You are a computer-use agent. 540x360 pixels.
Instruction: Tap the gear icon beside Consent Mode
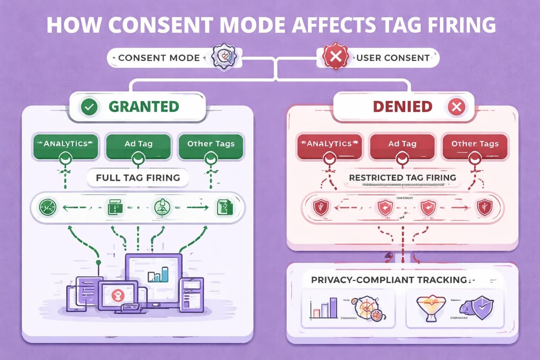(220, 58)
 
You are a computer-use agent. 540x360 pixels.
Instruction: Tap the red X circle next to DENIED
(457, 107)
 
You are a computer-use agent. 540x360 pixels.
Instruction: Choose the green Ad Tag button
(138, 144)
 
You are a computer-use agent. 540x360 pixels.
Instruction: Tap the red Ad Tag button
(402, 144)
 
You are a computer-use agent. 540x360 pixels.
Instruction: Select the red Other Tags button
(475, 144)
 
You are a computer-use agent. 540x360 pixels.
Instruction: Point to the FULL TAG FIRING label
(138, 177)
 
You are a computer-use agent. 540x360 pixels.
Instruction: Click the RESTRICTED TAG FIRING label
(402, 177)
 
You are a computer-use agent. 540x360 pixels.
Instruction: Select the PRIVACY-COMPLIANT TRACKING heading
(389, 279)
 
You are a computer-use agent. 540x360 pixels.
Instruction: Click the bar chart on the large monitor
(158, 274)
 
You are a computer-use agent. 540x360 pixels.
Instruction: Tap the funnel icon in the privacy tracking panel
(425, 310)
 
